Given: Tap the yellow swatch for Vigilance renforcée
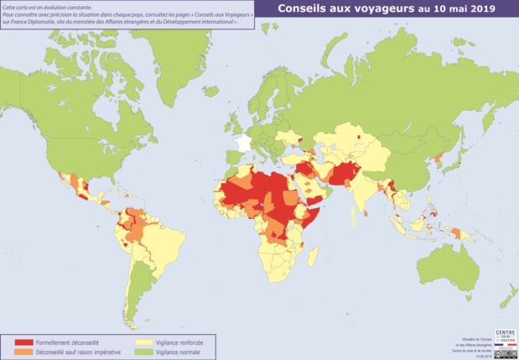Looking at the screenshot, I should pos(143,342).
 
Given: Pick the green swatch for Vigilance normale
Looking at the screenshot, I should pos(143,352).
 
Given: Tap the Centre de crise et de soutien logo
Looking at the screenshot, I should pos(506,336).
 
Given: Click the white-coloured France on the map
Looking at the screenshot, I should pos(243,143).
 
